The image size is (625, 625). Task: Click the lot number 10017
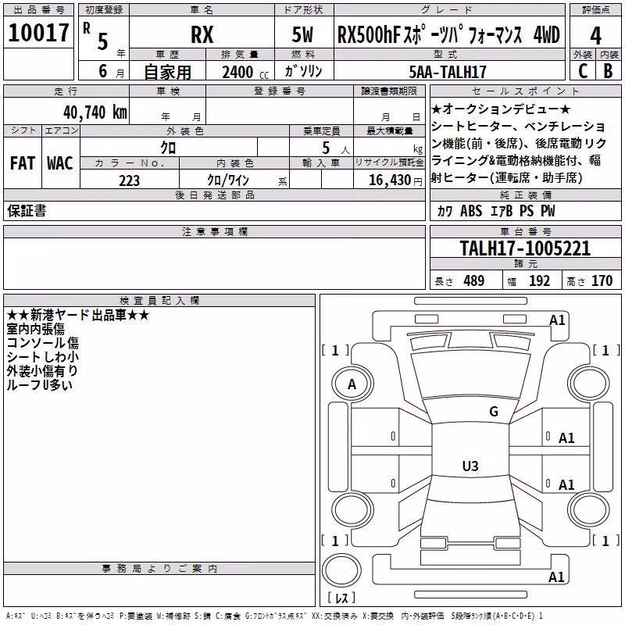click(38, 33)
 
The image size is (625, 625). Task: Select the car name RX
click(202, 34)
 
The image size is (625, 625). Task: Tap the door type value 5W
click(302, 34)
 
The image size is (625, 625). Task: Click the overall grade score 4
click(595, 36)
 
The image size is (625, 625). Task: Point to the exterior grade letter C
click(583, 71)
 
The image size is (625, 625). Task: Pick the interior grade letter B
click(608, 71)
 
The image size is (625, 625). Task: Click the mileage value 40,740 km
click(95, 112)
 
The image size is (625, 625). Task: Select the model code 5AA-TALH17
click(448, 72)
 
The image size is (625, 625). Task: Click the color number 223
click(129, 180)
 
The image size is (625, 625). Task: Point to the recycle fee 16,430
click(390, 180)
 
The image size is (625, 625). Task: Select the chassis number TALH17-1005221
click(525, 248)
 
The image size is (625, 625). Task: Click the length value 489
click(474, 280)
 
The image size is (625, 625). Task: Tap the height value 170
click(602, 280)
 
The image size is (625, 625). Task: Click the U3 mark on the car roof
click(470, 466)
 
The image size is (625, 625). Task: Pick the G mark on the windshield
click(494, 411)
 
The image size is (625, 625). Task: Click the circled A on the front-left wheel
click(352, 384)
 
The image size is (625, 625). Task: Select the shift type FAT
click(23, 163)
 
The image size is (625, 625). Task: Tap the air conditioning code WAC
click(60, 163)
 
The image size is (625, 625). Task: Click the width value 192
click(539, 280)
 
